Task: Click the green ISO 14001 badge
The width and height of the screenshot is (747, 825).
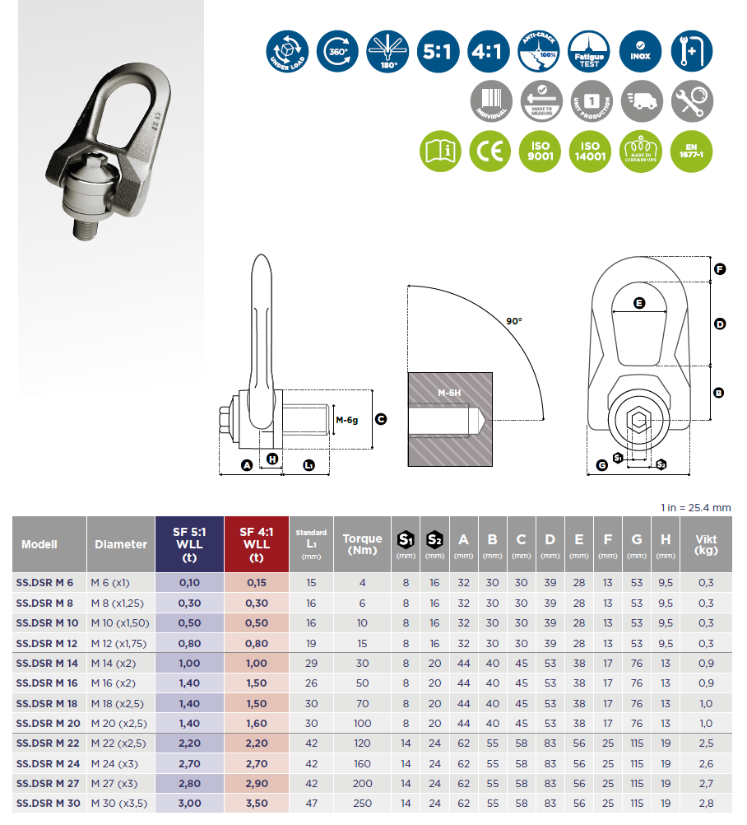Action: click(x=588, y=151)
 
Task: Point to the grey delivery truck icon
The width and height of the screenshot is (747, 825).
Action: click(x=642, y=101)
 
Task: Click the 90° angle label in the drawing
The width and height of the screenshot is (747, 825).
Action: click(x=515, y=320)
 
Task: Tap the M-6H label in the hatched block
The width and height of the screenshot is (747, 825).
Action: click(x=449, y=394)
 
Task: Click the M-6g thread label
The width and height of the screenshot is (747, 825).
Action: click(x=347, y=420)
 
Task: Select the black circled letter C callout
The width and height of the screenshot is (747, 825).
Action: click(x=381, y=419)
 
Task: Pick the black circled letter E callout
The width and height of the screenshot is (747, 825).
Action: click(x=639, y=303)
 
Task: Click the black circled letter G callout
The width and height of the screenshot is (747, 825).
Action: click(x=602, y=465)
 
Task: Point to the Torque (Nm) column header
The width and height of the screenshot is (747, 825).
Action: click(x=362, y=544)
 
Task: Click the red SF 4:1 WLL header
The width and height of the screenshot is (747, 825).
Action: click(x=256, y=544)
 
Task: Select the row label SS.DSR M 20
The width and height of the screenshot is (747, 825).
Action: click(x=47, y=722)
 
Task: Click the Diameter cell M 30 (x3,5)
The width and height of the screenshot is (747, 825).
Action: click(x=121, y=802)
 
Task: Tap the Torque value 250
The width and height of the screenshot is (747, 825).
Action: click(x=362, y=802)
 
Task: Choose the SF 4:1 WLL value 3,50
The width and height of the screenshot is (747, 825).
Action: click(x=256, y=802)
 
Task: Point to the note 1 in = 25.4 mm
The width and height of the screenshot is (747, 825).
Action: click(x=696, y=507)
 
